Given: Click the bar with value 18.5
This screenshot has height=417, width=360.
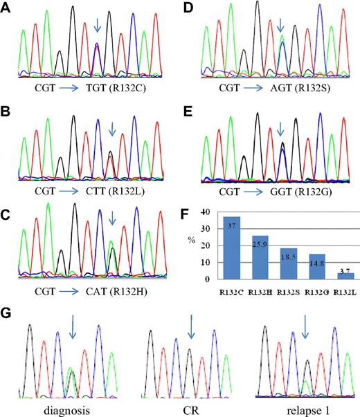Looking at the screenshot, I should tap(286, 263).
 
